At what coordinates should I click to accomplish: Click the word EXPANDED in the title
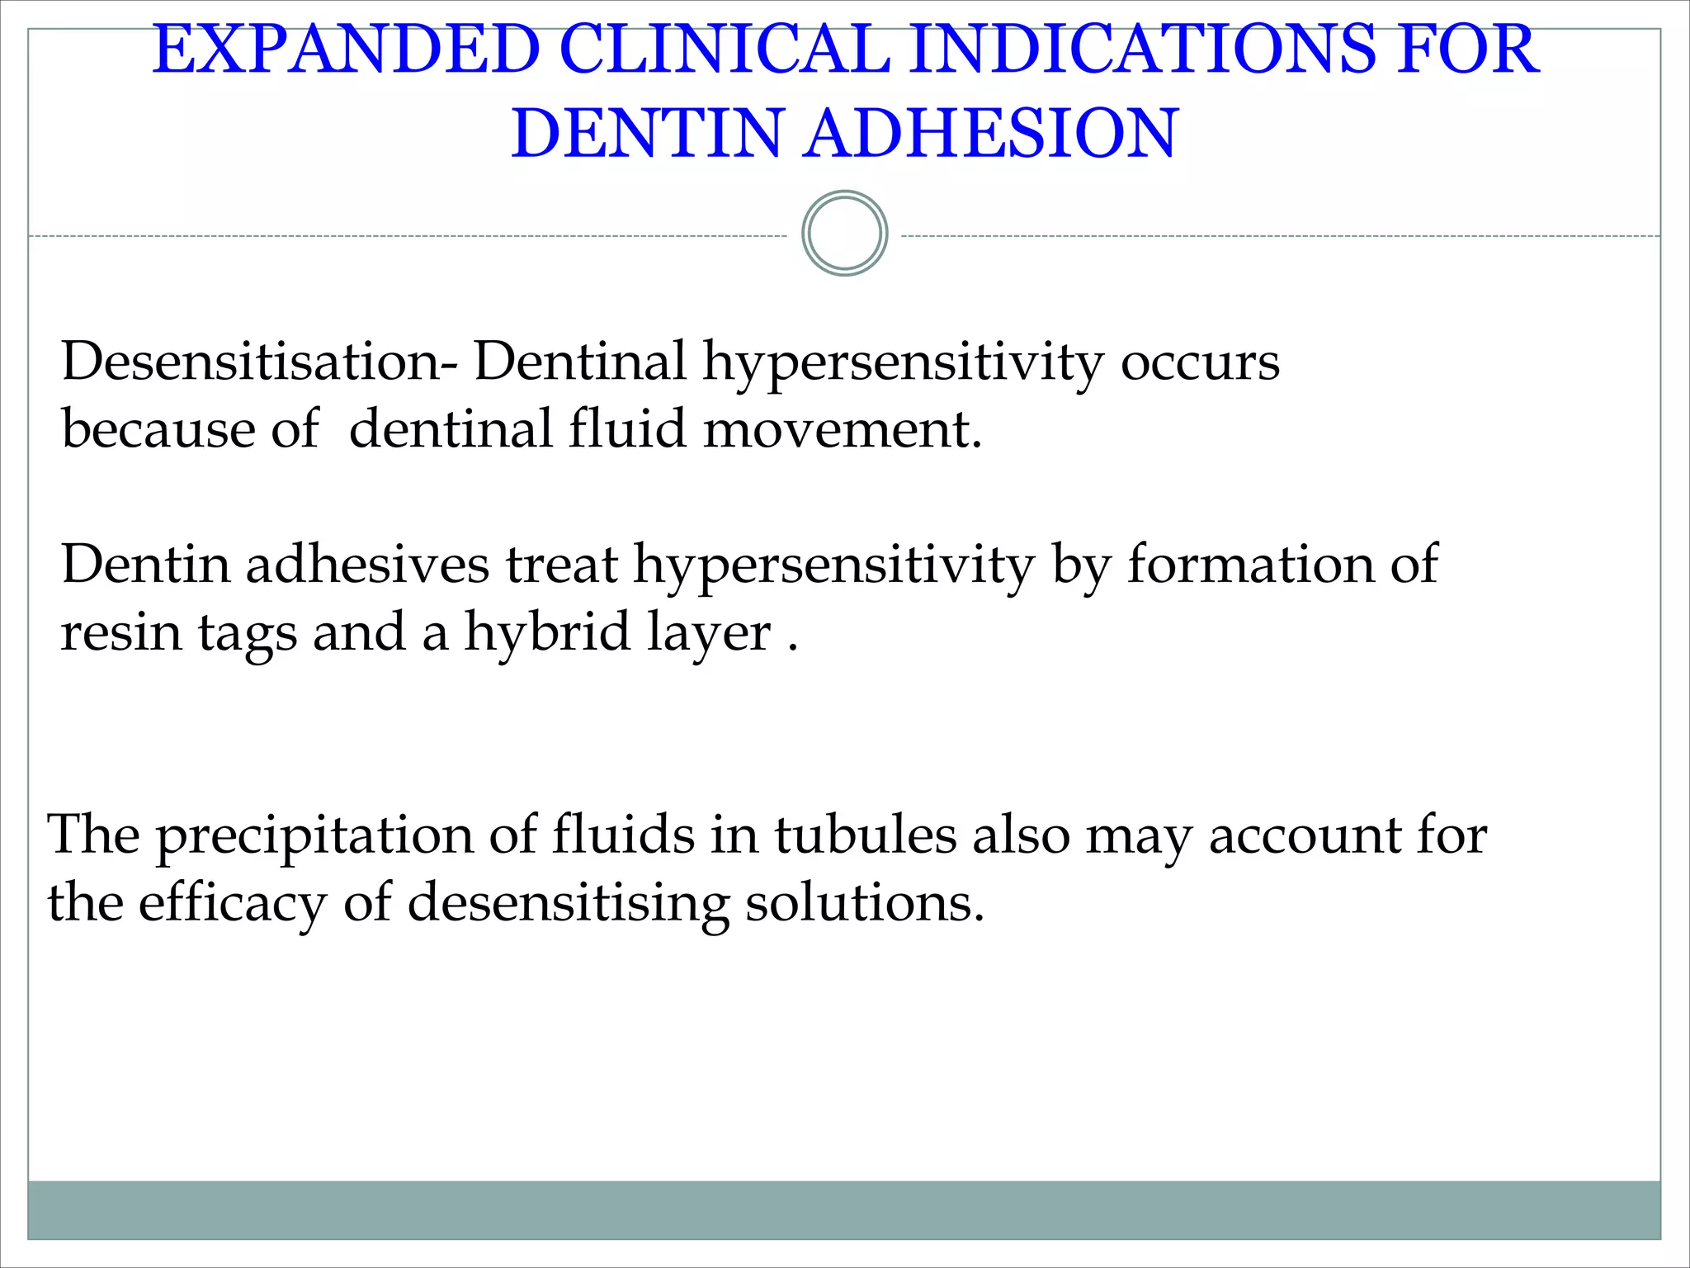(346, 51)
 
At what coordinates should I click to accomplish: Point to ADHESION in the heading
(990, 134)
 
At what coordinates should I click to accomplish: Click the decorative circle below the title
(844, 234)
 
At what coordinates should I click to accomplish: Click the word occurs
(1200, 363)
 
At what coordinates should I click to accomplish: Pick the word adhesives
(367, 565)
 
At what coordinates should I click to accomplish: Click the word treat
(561, 565)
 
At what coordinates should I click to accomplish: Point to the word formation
(1250, 565)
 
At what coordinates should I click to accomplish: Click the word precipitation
(314, 836)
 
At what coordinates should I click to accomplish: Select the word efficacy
(232, 903)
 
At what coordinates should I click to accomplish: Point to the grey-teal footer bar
(844, 1209)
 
